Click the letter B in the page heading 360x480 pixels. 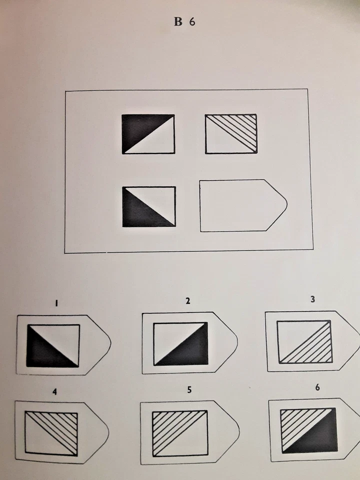pos(178,23)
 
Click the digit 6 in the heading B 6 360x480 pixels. pos(192,23)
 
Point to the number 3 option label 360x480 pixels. pos(312,299)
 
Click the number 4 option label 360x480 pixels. pos(54,392)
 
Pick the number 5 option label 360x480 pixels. pos(188,390)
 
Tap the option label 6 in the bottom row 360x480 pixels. pos(317,388)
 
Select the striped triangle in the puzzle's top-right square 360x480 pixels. pos(241,127)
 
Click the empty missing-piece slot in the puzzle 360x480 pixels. pos(240,205)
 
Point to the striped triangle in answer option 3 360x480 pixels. pos(314,348)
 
